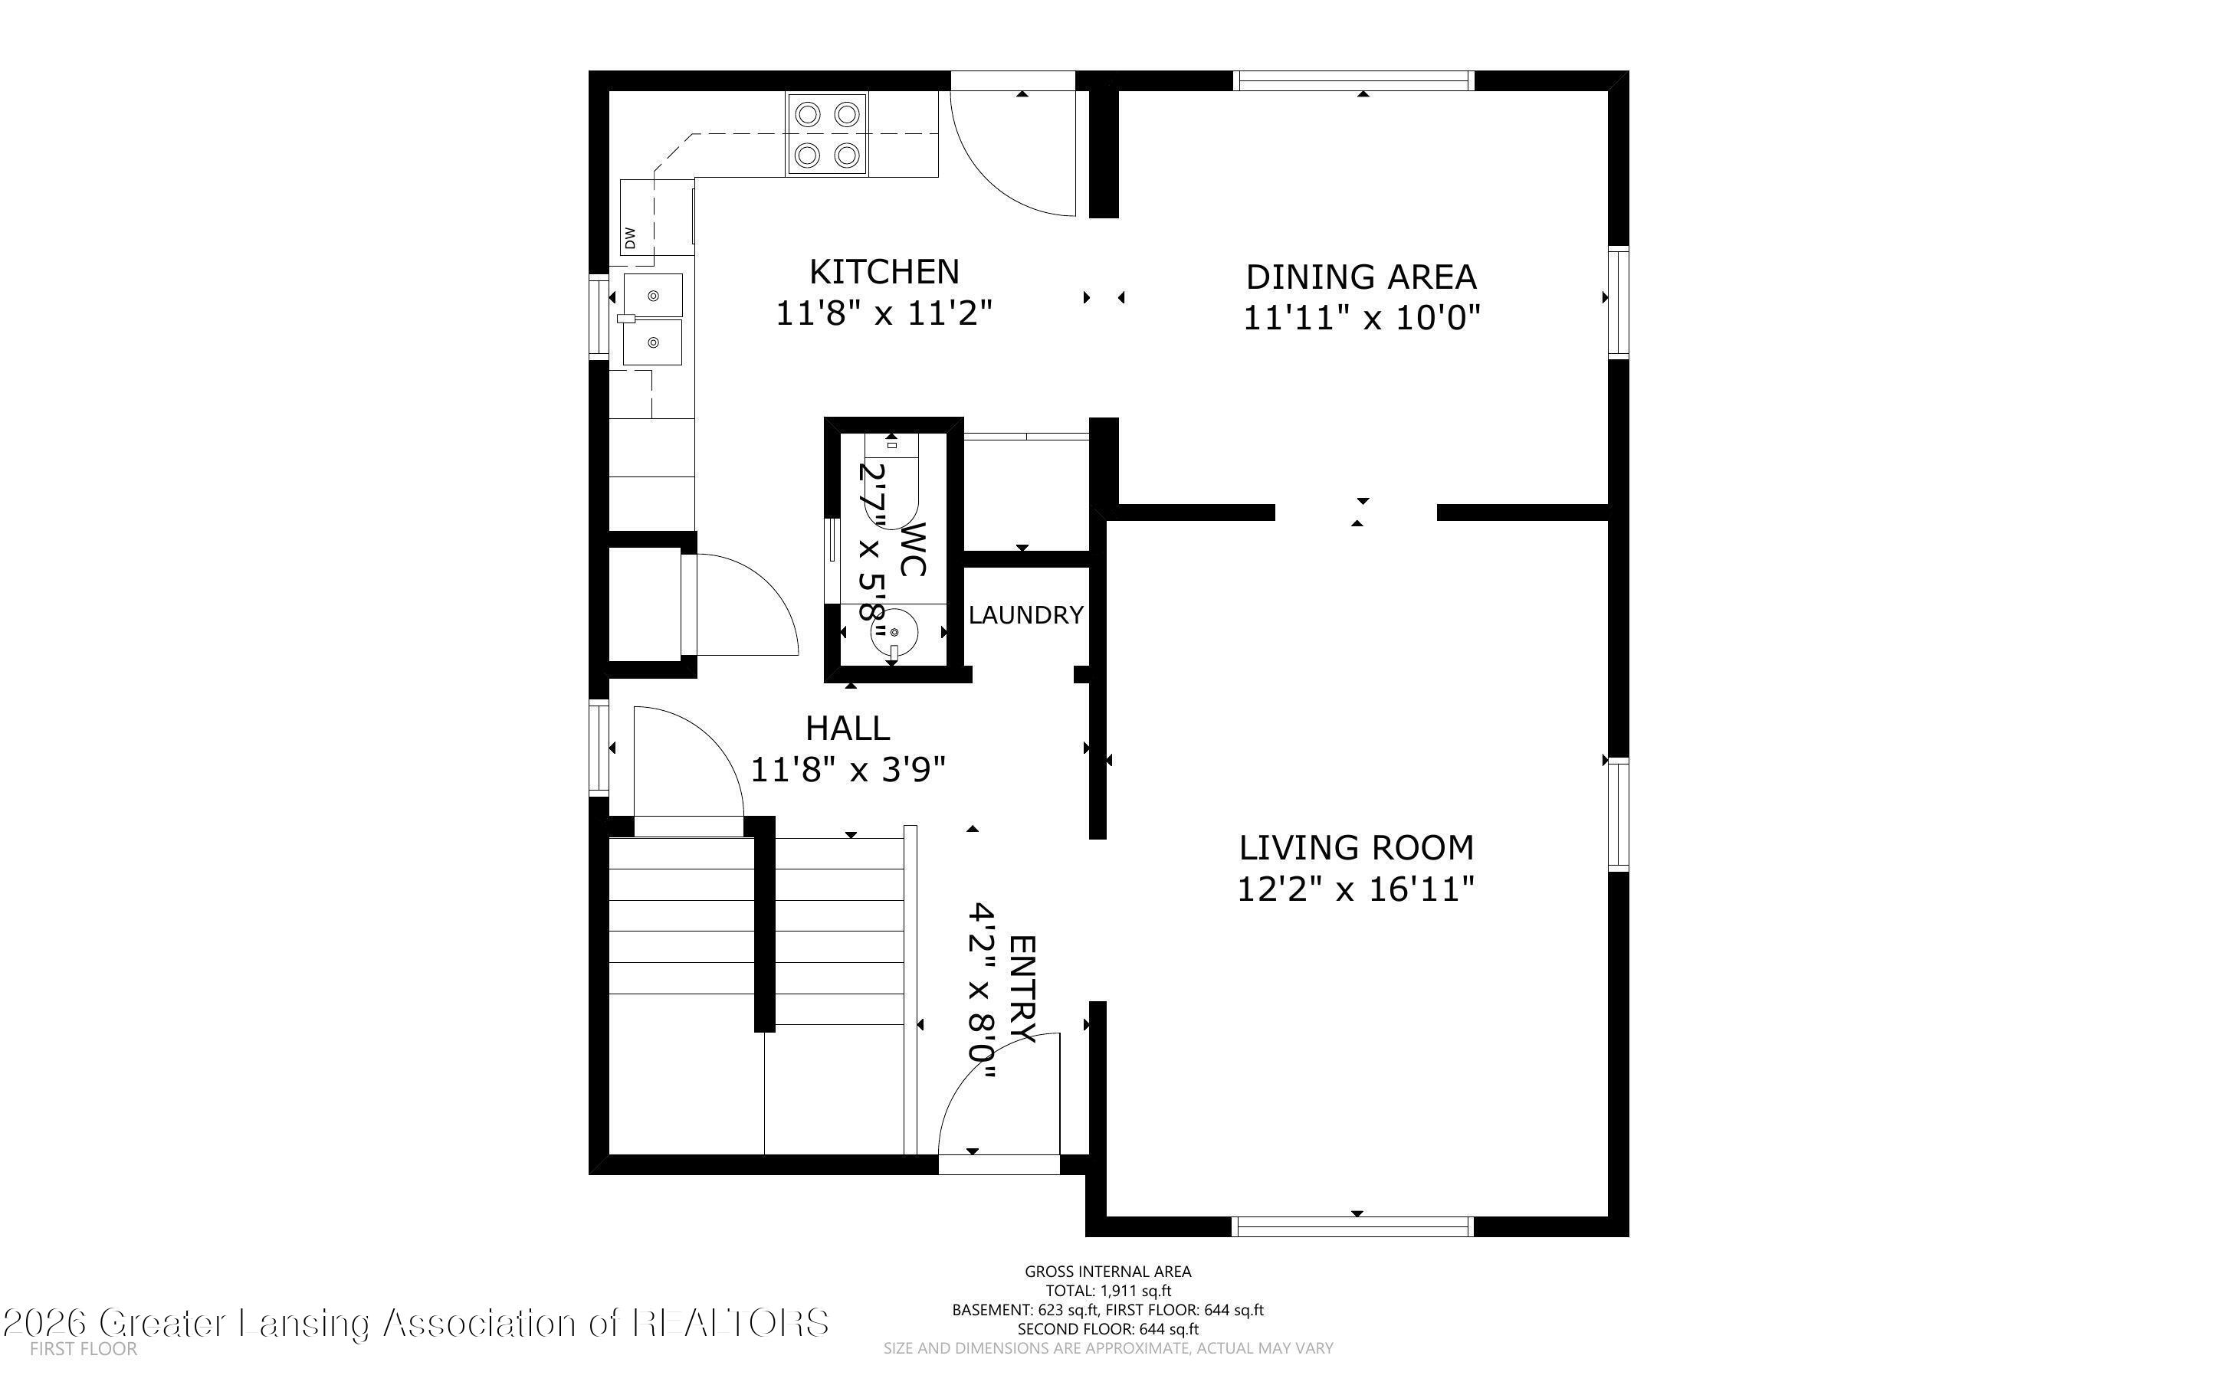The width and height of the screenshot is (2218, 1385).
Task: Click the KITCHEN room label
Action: pyautogui.click(x=884, y=272)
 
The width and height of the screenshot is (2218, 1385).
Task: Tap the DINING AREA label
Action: pyautogui.click(x=1361, y=277)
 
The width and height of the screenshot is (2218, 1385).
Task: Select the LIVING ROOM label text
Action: pyautogui.click(x=1357, y=848)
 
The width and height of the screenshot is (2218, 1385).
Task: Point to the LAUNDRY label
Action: pyautogui.click(x=1026, y=614)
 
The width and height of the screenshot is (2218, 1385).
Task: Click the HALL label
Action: pyautogui.click(x=848, y=729)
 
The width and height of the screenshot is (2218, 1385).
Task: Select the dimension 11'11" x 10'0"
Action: pyautogui.click(x=1361, y=318)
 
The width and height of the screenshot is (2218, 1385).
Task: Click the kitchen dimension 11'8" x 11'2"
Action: pyautogui.click(x=884, y=313)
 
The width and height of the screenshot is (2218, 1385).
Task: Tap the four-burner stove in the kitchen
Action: pyautogui.click(x=826, y=135)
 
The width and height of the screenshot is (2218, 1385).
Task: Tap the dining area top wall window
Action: pyautogui.click(x=1354, y=80)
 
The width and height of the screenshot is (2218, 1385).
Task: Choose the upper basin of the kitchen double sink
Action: pyautogui.click(x=653, y=295)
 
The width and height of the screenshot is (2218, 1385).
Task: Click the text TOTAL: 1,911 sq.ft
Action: pyautogui.click(x=1108, y=1291)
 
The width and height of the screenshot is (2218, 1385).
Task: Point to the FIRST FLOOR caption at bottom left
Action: pyautogui.click(x=84, y=1348)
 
